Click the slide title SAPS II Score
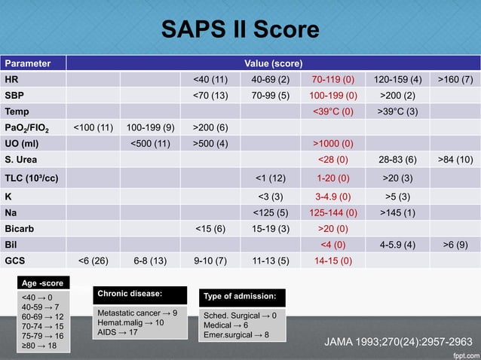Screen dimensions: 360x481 click(x=240, y=29)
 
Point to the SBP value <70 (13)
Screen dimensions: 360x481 click(x=210, y=96)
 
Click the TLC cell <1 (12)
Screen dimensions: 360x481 click(x=268, y=178)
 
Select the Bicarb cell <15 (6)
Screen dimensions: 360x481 click(x=210, y=228)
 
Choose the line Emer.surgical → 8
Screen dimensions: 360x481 click(x=236, y=334)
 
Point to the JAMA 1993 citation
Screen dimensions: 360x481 click(x=398, y=342)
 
